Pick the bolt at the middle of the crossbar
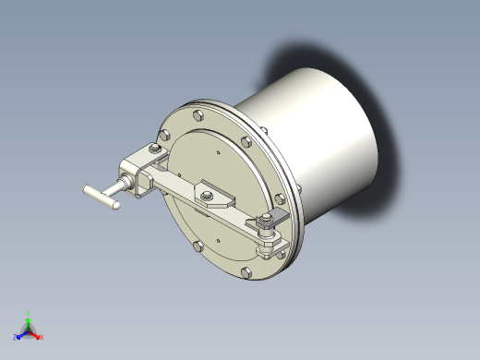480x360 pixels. [205, 191]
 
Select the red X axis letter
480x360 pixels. [42, 337]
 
